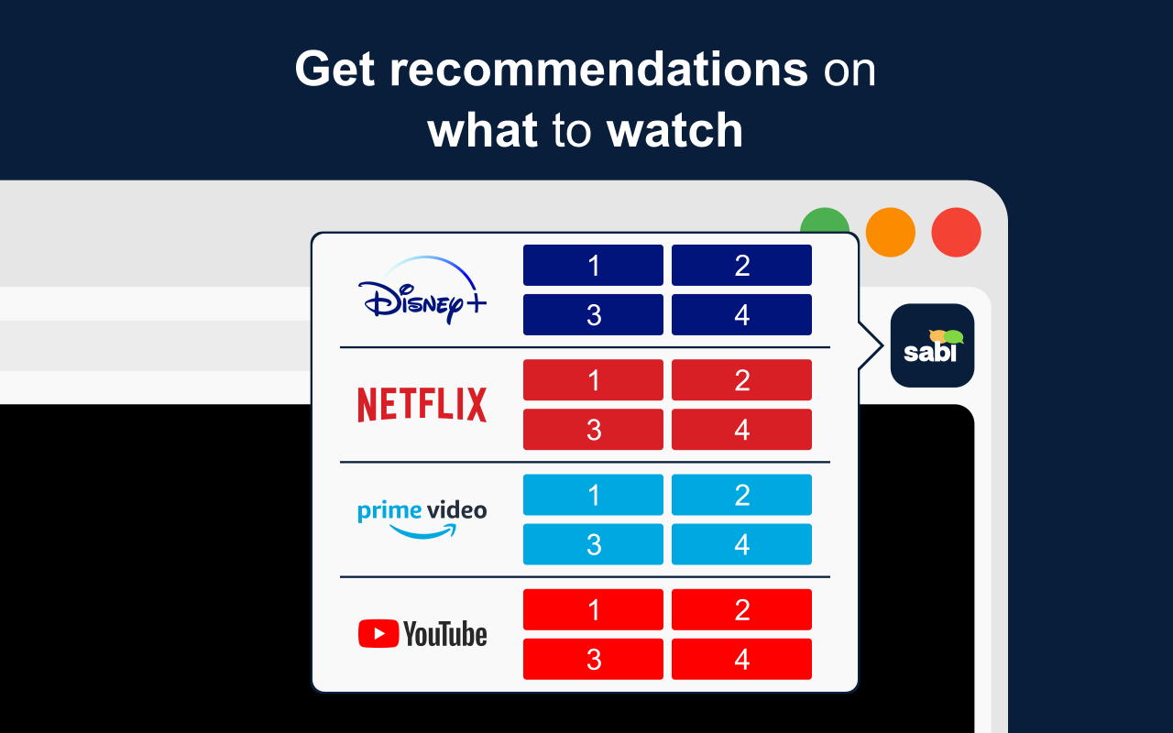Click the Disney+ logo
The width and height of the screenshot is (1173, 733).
422,290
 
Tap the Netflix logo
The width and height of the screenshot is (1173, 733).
422,405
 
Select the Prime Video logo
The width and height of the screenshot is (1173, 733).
422,518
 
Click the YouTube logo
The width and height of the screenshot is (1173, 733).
422,634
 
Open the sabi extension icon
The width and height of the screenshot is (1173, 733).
932,345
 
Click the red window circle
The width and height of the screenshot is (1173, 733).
956,232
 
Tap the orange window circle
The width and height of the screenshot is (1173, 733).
890,232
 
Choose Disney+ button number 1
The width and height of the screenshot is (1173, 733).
593,266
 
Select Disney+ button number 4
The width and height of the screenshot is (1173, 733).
741,315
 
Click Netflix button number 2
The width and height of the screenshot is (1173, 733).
741,380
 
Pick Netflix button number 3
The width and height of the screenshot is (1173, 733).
593,430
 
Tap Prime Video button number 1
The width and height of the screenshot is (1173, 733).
593,495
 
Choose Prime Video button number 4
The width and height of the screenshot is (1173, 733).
741,544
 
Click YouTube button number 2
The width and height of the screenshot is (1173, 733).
741,609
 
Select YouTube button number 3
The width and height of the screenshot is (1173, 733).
593,659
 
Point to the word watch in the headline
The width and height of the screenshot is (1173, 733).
674,130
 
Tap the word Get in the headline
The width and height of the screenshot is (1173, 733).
335,70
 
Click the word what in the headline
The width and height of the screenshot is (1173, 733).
482,130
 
